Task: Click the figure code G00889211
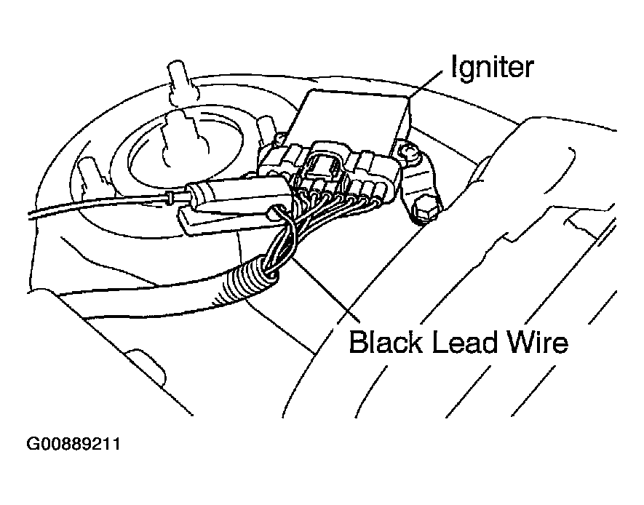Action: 73,444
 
